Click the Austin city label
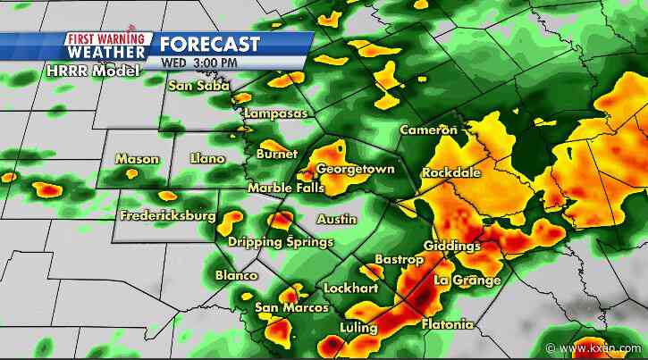pyautogui.click(x=337, y=219)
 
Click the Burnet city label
pyautogui.click(x=275, y=154)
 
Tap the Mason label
pyautogui.click(x=137, y=159)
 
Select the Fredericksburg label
pyautogui.click(x=167, y=216)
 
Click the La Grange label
pyautogui.click(x=467, y=280)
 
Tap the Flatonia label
pyautogui.click(x=447, y=324)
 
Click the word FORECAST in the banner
pyautogui.click(x=210, y=44)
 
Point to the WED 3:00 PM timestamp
pyautogui.click(x=199, y=63)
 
